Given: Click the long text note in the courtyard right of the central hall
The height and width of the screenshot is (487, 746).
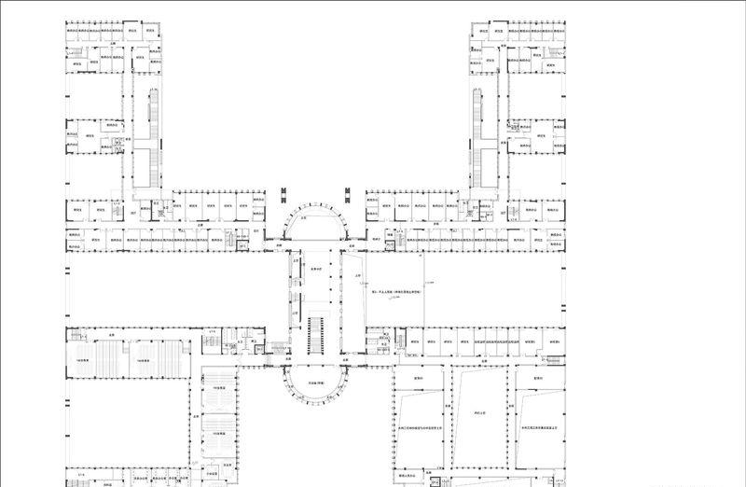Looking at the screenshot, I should (395, 292).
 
